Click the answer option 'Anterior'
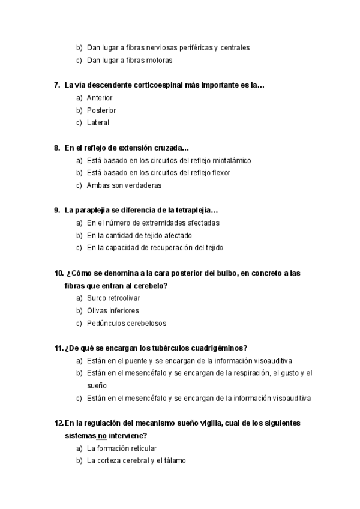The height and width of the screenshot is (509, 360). [x=100, y=98]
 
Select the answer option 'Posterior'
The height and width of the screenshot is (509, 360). [x=101, y=110]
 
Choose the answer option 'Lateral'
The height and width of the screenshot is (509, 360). [x=98, y=123]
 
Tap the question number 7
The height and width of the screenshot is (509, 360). [x=56, y=85]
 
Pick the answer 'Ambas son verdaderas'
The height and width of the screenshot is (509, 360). [x=124, y=185]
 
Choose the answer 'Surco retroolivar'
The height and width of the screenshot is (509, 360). [x=114, y=298]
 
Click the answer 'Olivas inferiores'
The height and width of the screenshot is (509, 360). [x=113, y=310]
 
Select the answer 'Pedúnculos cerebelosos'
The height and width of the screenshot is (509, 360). [x=127, y=323]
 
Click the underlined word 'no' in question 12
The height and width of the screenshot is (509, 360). [x=103, y=436]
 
